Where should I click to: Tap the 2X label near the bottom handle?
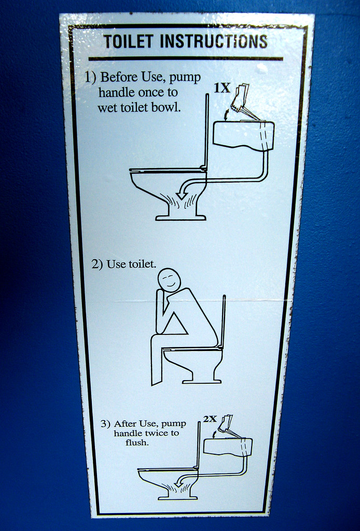210,419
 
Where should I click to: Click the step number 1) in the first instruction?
91,77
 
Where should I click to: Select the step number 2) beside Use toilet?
98,264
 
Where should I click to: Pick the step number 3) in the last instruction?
105,424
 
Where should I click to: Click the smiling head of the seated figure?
169,281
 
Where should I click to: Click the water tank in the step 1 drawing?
243,135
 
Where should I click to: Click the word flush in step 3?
137,442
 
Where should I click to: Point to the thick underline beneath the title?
185,59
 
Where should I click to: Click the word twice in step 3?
156,433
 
